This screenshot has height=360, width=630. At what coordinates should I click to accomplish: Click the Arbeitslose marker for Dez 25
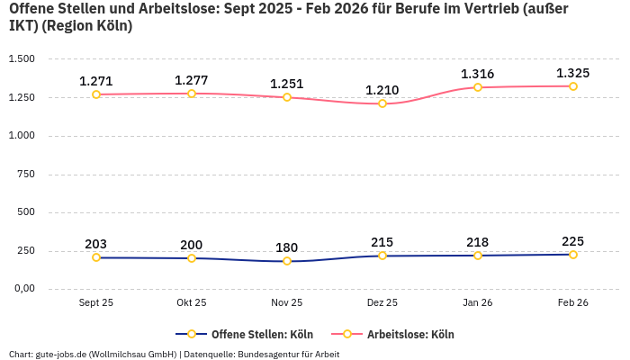(382, 103)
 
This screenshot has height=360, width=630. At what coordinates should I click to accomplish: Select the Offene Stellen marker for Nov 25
(287, 261)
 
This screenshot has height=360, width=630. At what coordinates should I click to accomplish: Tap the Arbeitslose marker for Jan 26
(478, 87)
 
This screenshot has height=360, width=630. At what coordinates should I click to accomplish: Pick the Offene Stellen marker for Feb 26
(573, 255)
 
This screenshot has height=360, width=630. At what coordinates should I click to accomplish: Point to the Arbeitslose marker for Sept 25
(96, 94)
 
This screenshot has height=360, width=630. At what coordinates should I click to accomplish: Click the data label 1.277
(192, 80)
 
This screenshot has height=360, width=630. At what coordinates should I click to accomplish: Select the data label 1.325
(573, 73)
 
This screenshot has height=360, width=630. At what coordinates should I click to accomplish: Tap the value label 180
(287, 247)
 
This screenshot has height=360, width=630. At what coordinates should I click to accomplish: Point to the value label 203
(96, 244)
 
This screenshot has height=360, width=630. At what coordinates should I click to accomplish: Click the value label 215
(382, 242)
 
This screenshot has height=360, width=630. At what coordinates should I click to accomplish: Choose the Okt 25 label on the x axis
(192, 303)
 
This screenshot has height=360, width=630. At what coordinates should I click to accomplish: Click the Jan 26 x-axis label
(478, 303)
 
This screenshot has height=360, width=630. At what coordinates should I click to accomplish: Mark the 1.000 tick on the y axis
(21, 136)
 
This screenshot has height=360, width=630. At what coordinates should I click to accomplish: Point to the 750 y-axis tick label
(25, 175)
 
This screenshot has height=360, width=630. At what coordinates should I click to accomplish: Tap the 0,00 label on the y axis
(22, 289)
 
